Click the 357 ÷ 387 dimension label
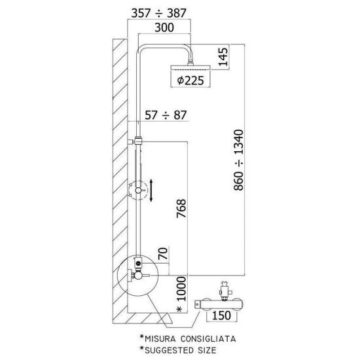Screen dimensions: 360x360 [x=158, y=13]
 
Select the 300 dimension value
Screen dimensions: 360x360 [x=164, y=27]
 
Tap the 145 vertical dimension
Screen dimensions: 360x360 [x=223, y=57]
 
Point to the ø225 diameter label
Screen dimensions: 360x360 [x=190, y=81]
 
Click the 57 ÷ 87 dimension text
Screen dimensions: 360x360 [x=166, y=115]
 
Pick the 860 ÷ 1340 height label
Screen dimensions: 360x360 [x=238, y=160]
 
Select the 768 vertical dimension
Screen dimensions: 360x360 [x=181, y=208]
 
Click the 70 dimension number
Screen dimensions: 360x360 [x=163, y=253]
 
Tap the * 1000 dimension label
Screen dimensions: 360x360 [x=181, y=295]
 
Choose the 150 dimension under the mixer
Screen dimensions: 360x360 [x=221, y=315]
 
